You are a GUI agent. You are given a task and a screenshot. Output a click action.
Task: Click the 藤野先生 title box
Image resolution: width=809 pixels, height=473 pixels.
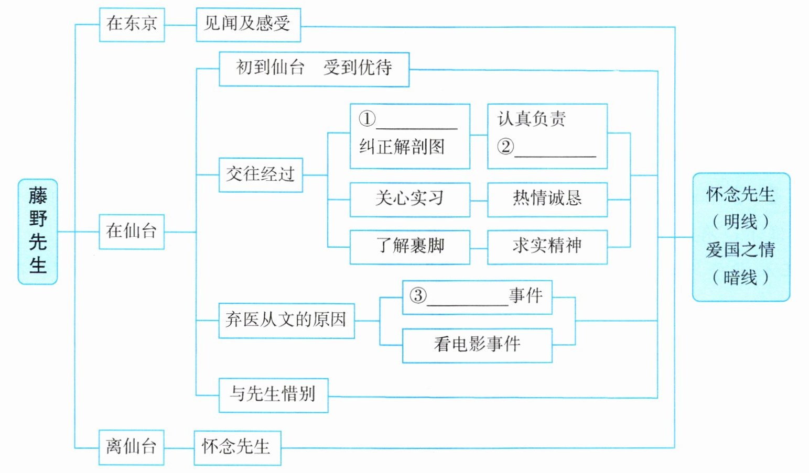point(38,232)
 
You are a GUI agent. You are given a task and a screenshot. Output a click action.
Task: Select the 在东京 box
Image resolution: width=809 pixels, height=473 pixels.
point(132,24)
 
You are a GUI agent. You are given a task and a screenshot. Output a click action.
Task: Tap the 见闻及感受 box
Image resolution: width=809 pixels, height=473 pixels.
point(248,24)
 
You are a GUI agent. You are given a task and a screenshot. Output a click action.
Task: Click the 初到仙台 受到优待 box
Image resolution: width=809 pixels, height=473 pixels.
point(314,69)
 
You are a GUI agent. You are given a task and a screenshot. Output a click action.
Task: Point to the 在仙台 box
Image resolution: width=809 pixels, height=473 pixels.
point(132,231)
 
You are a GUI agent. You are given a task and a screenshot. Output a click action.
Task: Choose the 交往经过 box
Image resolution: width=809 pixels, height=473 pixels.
point(261,174)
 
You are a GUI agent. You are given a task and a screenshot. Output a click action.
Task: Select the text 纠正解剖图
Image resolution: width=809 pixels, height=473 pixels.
point(402,147)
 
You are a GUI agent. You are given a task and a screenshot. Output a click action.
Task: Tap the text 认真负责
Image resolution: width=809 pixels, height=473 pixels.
point(532,119)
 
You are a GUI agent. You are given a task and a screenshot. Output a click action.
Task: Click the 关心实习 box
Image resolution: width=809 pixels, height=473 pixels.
point(409,199)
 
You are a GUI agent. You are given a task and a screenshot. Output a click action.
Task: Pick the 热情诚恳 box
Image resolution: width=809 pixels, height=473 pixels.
point(547,199)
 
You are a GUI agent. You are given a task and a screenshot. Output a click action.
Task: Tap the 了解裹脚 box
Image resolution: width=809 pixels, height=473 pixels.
point(409,246)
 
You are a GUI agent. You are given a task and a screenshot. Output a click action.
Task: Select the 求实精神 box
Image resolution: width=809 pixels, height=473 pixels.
point(547,246)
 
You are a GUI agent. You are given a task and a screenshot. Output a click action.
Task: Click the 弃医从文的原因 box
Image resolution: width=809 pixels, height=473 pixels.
point(286,320)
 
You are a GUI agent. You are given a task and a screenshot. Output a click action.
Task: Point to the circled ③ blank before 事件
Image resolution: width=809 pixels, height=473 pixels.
point(467,297)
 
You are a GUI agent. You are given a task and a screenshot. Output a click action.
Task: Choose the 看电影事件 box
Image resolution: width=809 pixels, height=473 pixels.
point(477,345)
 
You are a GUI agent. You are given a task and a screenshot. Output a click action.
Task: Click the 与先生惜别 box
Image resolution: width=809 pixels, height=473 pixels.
point(273,394)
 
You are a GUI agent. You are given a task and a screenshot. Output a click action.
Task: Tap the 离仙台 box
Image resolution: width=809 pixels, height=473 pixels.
point(131,447)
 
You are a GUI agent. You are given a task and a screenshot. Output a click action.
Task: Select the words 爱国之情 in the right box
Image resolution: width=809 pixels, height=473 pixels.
point(740,250)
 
